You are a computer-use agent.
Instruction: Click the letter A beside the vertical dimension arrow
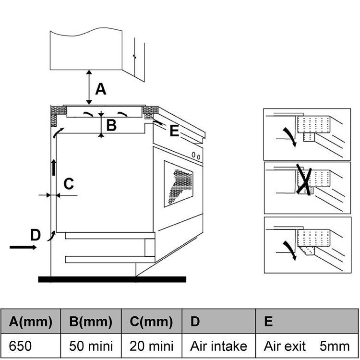[x=101, y=89]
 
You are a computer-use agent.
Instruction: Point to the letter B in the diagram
[x=111, y=125]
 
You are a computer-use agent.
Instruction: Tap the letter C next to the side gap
[x=69, y=184]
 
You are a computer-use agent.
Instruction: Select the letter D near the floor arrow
[x=36, y=235]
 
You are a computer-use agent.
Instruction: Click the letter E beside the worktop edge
[x=174, y=131]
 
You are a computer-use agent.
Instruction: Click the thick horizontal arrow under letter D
[x=23, y=247]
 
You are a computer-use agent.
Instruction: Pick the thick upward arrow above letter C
[x=53, y=168]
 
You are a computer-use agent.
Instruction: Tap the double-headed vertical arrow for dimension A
[x=89, y=87]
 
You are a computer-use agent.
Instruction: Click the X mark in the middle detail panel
[x=304, y=180]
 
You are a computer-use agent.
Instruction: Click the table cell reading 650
[x=31, y=346]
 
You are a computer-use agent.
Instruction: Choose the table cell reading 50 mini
[x=91, y=346]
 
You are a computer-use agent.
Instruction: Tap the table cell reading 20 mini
[x=152, y=346]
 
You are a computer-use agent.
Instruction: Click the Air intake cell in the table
[x=218, y=346]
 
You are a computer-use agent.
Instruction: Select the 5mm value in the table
[x=335, y=346]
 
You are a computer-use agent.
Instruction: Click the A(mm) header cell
[x=31, y=321]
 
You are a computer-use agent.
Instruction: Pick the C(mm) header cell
[x=152, y=321]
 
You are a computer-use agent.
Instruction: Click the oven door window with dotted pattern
[x=179, y=184]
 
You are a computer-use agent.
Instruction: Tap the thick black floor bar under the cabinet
[x=112, y=279]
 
